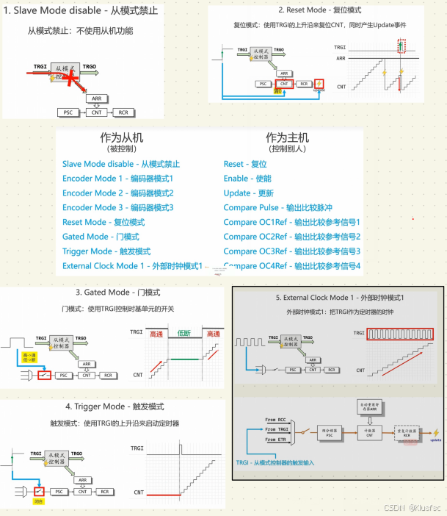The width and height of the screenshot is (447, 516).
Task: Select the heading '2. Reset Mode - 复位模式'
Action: click(x=319, y=10)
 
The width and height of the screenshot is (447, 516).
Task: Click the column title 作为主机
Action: click(x=288, y=137)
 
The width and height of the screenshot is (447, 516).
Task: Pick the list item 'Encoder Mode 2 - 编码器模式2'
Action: click(x=117, y=193)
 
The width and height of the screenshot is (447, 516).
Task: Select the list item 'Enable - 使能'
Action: click(x=247, y=179)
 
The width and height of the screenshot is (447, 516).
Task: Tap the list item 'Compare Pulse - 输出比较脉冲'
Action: click(x=277, y=208)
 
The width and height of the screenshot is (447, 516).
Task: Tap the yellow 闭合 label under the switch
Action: click(x=39, y=500)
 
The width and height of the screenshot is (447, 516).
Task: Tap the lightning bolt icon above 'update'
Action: click(x=437, y=431)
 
